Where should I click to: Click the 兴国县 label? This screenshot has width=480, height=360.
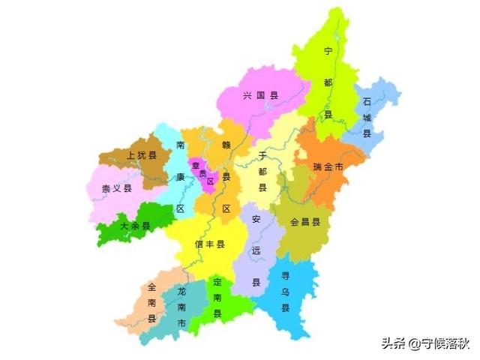pyautogui.click(x=260, y=96)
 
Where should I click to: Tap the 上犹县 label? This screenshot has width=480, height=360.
pyautogui.click(x=142, y=156)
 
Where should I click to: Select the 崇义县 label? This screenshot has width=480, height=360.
pyautogui.click(x=117, y=188)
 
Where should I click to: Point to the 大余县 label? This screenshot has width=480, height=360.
pyautogui.click(x=135, y=225)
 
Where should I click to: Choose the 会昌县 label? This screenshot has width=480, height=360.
pyautogui.click(x=305, y=222)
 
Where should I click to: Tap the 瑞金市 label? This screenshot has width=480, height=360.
pyautogui.click(x=328, y=166)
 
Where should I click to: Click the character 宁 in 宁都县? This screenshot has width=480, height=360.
pyautogui.click(x=327, y=51)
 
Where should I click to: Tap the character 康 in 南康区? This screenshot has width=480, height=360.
pyautogui.click(x=180, y=176)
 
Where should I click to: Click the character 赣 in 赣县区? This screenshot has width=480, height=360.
pyautogui.click(x=226, y=144)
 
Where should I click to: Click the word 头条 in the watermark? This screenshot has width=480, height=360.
pyautogui.click(x=394, y=344)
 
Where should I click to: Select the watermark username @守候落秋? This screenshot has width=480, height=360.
pyautogui.click(x=439, y=344)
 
